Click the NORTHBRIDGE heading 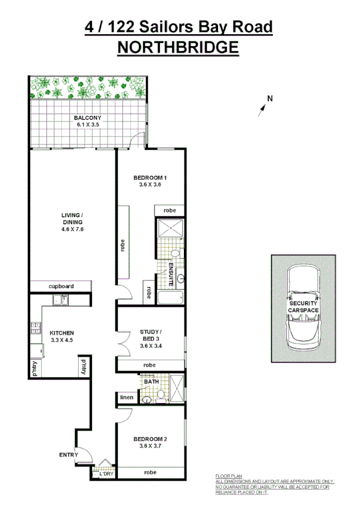178,47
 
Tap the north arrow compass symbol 263,106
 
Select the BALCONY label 88,117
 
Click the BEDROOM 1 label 149,177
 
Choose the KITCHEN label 61,333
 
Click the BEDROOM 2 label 150,438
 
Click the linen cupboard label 126,397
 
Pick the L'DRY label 106,475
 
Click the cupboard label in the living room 61,286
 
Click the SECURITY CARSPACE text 304,307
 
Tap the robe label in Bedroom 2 150,473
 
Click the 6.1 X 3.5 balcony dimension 88,124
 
